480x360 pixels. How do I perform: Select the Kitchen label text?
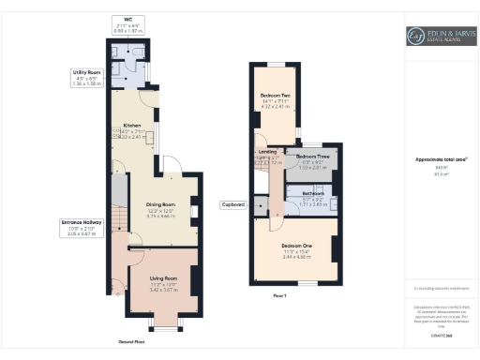[130, 130]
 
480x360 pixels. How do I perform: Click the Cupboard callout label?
[233, 203]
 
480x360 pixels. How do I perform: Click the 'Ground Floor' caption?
[131, 343]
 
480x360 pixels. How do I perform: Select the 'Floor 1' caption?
[278, 295]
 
